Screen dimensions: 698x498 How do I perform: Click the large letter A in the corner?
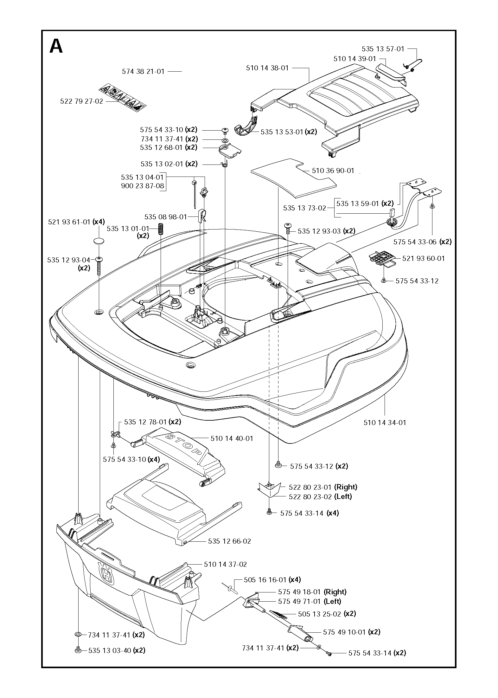(x=56, y=47)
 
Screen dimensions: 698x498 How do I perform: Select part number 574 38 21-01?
(x=143, y=72)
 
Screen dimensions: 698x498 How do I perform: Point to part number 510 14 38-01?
(x=267, y=68)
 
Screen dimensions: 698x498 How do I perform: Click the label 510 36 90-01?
(x=333, y=171)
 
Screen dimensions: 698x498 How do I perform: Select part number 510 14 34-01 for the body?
(x=385, y=423)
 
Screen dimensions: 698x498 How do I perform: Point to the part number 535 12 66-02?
(x=229, y=541)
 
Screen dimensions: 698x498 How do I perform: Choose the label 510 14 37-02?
(x=225, y=565)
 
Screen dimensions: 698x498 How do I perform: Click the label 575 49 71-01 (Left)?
(x=309, y=601)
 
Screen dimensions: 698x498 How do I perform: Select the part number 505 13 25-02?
(x=319, y=614)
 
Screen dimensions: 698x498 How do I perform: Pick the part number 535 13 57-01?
(x=383, y=49)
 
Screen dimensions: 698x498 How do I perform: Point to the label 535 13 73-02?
(x=304, y=208)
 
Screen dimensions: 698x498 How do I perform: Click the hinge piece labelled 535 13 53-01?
(x=247, y=128)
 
